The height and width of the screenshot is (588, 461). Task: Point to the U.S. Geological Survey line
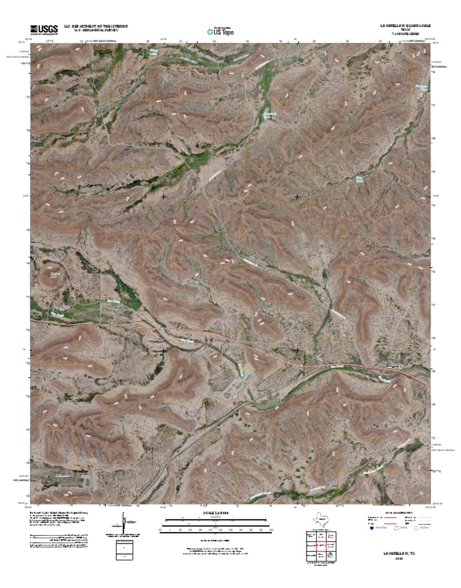94,31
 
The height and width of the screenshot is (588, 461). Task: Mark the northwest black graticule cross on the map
164,196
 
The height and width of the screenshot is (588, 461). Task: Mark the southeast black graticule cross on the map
297,350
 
